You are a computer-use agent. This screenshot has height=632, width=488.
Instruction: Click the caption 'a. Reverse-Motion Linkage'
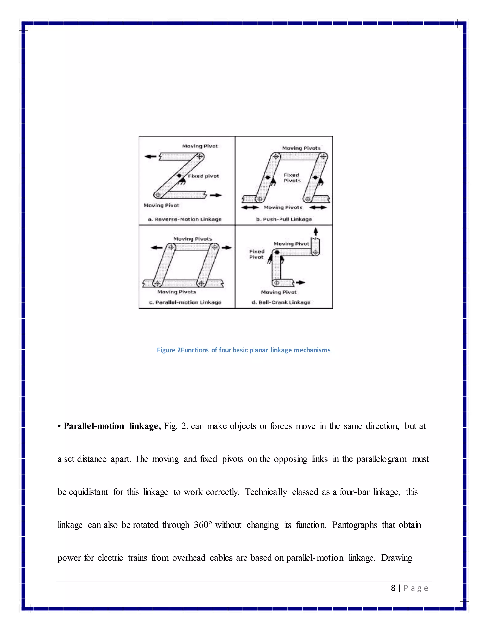(x=185, y=219)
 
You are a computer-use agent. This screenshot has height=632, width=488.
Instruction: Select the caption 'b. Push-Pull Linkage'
(x=284, y=219)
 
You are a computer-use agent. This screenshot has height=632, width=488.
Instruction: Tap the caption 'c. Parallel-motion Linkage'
(x=185, y=302)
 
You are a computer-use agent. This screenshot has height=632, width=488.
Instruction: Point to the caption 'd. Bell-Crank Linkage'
(x=281, y=302)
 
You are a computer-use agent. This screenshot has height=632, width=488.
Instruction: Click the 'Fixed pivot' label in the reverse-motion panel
(x=203, y=176)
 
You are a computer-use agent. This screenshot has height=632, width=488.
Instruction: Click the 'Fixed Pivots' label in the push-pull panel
(x=292, y=178)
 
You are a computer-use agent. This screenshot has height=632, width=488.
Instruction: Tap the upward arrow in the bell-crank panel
(x=316, y=231)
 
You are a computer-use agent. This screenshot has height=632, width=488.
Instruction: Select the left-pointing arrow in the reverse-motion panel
(x=150, y=156)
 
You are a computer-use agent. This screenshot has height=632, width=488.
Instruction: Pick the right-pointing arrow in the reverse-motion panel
(x=216, y=195)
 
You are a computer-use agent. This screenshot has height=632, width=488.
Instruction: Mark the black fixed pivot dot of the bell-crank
(x=277, y=252)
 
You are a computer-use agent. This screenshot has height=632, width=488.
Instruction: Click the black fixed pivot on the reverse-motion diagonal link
(x=179, y=176)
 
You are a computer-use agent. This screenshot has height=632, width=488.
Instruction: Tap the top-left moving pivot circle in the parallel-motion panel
(x=171, y=247)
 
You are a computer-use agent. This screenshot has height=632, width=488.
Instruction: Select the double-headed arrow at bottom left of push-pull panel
(x=250, y=207)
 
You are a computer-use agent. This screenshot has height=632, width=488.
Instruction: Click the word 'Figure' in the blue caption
(x=166, y=350)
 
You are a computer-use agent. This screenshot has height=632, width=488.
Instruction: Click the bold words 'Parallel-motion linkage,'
(x=112, y=426)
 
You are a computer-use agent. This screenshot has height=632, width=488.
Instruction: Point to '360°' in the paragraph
(x=203, y=525)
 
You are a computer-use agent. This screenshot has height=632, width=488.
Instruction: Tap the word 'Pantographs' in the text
(x=354, y=525)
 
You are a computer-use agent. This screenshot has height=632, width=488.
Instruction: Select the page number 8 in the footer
(x=393, y=588)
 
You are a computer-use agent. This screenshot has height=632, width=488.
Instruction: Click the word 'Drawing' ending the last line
(x=397, y=558)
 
